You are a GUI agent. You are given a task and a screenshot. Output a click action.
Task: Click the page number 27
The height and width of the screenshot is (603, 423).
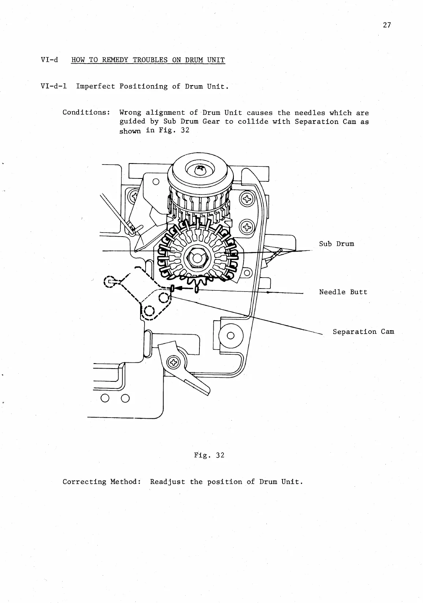click(387, 25)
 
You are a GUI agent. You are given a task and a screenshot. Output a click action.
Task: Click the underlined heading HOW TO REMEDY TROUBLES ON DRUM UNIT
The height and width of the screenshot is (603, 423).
click(148, 60)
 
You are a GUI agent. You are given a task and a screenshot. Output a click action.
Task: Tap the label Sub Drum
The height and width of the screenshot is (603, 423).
click(336, 244)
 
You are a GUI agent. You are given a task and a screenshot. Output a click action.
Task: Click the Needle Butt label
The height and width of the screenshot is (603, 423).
click(343, 292)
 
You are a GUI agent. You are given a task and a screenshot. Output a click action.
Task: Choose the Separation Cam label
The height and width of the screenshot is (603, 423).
click(363, 332)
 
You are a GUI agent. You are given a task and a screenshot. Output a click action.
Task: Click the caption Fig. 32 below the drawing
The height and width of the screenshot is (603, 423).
click(209, 455)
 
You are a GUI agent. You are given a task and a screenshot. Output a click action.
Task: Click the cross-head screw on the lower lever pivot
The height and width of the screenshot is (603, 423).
click(173, 362)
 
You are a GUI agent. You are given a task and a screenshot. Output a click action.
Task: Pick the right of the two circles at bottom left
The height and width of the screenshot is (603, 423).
click(125, 398)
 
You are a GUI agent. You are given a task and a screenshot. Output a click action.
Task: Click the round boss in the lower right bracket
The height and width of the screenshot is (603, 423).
click(231, 335)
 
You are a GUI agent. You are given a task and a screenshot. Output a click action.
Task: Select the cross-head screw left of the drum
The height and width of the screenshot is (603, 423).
click(132, 198)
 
